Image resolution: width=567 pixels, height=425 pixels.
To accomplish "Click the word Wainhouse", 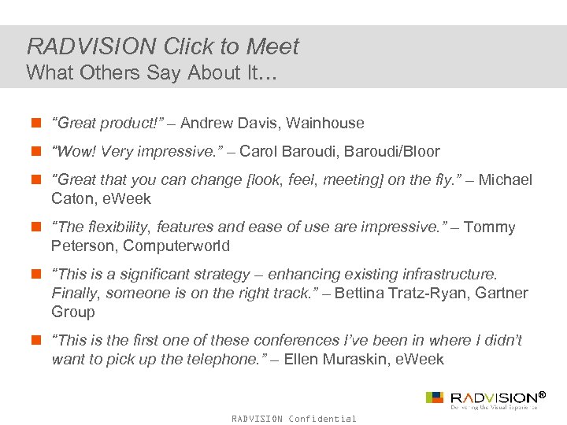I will pos(325,123).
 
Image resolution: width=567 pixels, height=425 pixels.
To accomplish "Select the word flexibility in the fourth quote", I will pos(118,227).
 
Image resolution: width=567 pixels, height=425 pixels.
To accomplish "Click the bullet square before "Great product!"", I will pos(36,123).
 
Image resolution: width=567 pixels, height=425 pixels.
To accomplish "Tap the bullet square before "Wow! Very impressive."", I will pos(36,151).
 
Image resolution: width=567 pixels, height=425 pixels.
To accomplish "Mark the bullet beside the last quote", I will pos(36,340).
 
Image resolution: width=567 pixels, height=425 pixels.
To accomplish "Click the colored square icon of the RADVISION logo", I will pos(434,397).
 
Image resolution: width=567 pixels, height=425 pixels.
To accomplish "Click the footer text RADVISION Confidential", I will pos(294,419).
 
